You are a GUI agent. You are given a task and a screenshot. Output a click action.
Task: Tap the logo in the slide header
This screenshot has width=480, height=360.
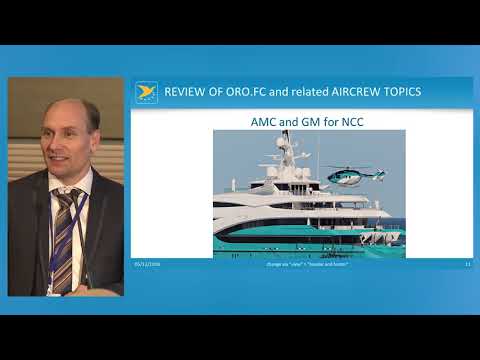pyautogui.click(x=146, y=92)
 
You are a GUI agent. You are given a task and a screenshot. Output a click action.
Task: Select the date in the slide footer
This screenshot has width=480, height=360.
pyautogui.click(x=147, y=264)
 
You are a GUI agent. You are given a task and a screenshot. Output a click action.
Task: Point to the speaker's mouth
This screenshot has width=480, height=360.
pyautogui.click(x=55, y=161)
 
